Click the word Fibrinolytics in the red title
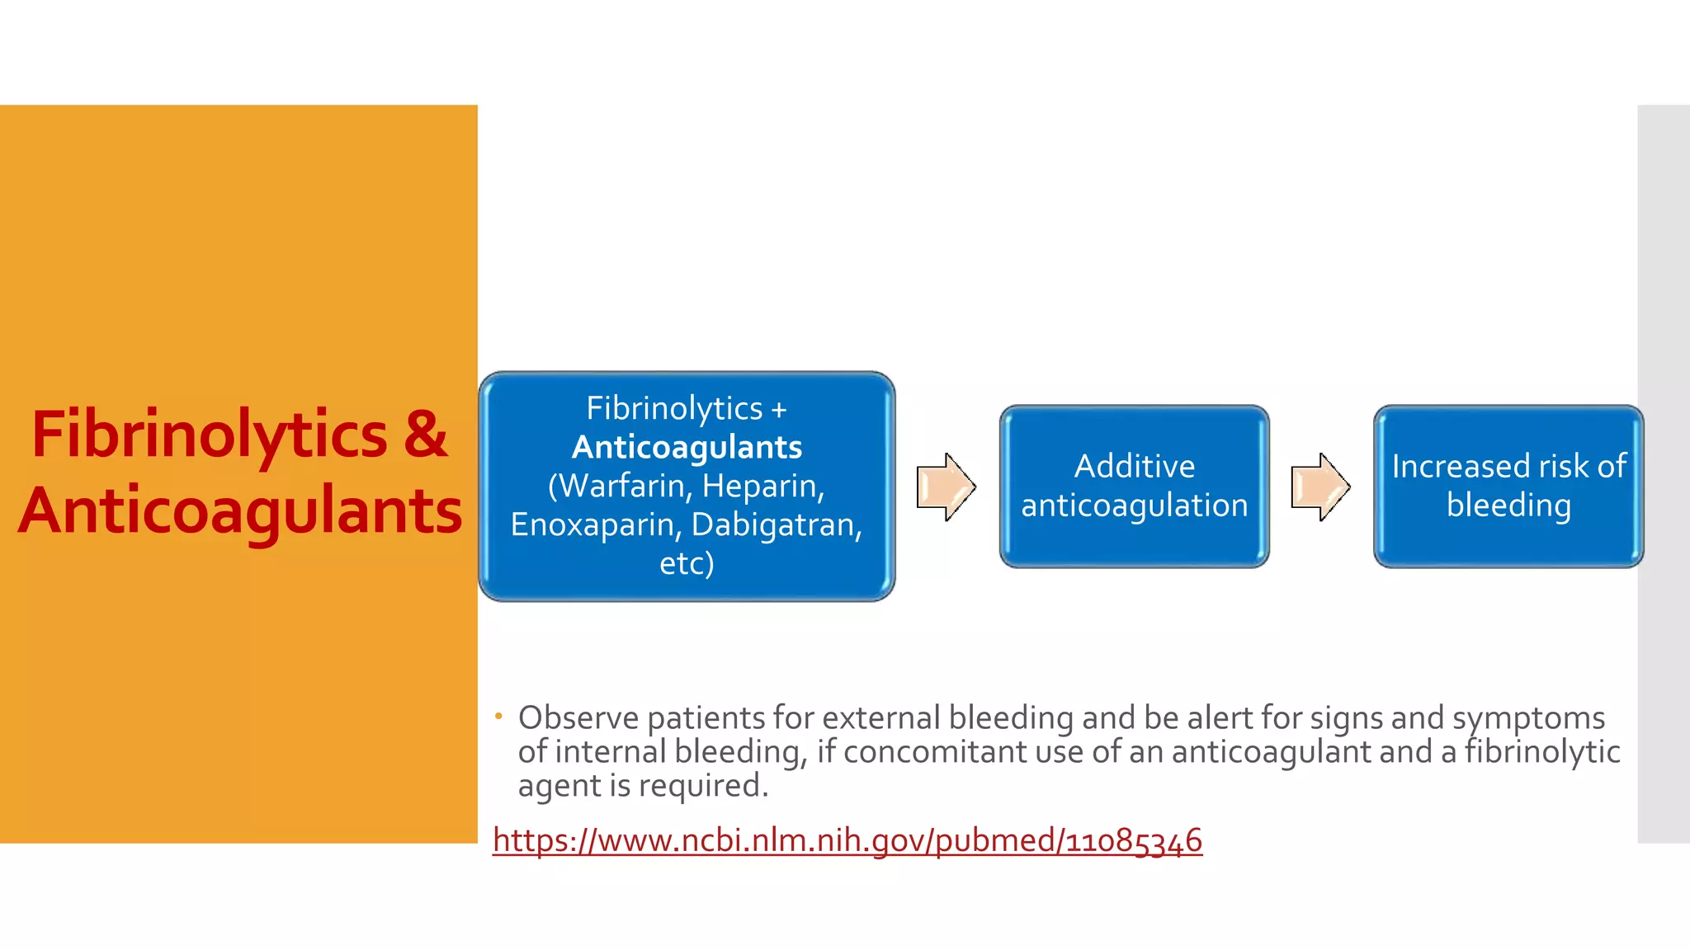[x=208, y=435]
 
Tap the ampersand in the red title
[x=426, y=434]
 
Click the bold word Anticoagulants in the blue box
[x=687, y=448]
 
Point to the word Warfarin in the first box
[x=621, y=487]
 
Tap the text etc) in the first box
[x=687, y=563]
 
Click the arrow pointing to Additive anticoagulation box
[x=946, y=487]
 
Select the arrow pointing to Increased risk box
[x=1319, y=487]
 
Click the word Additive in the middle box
[x=1134, y=467]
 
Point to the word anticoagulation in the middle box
[x=1134, y=506]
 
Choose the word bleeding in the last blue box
[x=1508, y=506]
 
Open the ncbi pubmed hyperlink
[x=847, y=840]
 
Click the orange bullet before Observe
[x=498, y=716]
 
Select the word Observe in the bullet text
[x=578, y=718]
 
